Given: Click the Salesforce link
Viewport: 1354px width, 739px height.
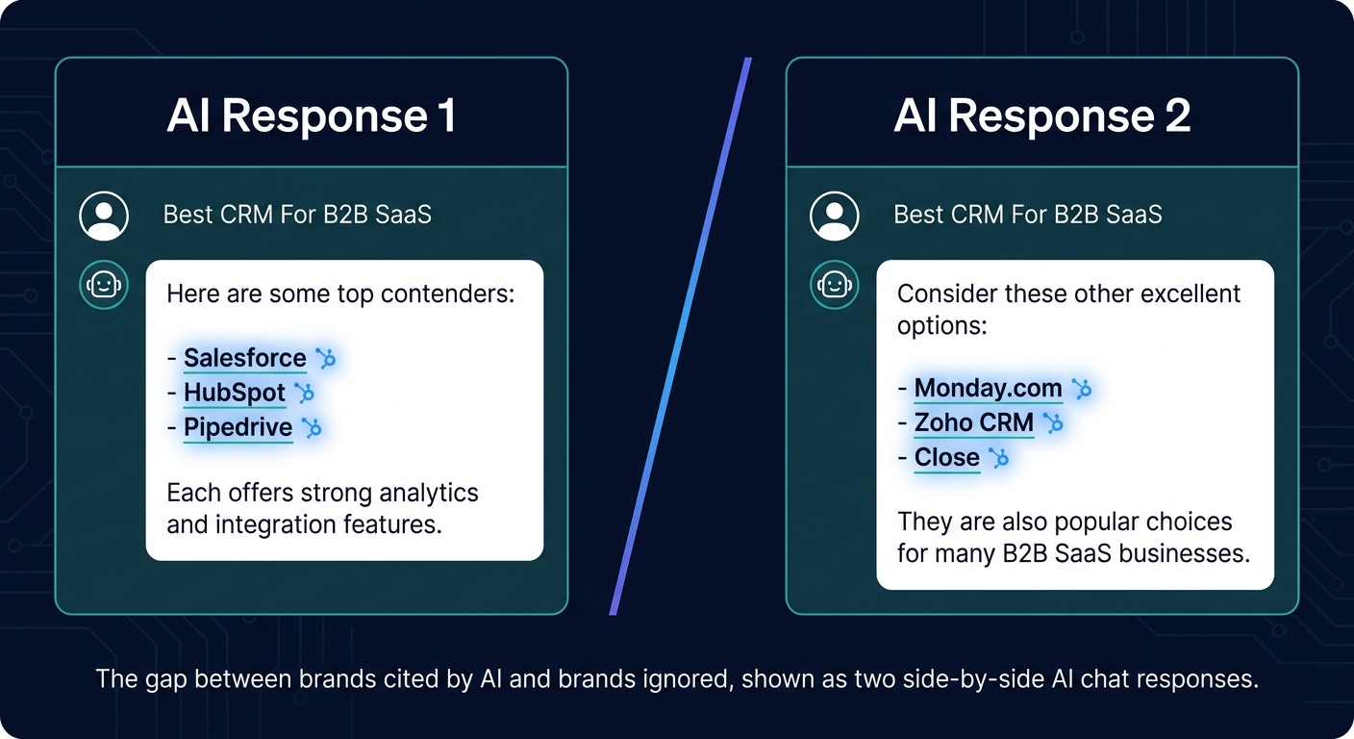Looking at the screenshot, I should [244, 358].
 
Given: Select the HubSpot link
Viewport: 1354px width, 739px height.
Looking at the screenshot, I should [234, 393].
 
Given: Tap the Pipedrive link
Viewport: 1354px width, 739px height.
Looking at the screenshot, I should [238, 427].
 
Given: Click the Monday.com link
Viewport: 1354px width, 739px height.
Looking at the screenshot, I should [988, 388].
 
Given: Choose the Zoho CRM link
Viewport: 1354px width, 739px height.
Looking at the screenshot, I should [973, 422].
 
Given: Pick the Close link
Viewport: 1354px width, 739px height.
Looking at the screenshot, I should [946, 457].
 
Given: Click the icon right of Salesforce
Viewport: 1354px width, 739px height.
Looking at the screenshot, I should [326, 359].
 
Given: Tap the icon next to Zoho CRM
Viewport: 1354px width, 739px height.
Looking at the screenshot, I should [1053, 422].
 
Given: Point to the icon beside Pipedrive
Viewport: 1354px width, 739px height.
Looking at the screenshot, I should [311, 427].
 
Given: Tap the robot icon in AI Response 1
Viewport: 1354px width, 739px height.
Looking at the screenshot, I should [104, 285].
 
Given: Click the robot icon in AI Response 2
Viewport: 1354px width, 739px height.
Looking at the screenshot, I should [834, 285].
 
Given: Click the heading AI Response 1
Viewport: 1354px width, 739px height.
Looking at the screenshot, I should [311, 116].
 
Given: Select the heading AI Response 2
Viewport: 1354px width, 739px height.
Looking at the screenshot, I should [1041, 116].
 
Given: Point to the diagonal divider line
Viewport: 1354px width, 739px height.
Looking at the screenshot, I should [680, 337].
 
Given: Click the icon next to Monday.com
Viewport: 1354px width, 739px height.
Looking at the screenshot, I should [1082, 388].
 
